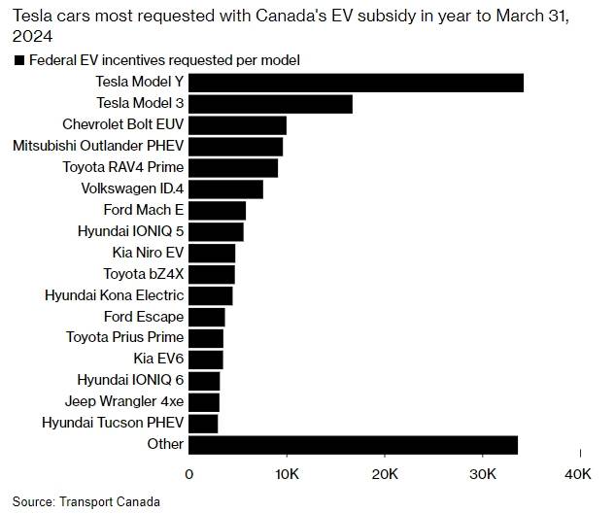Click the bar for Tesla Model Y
click(356, 83)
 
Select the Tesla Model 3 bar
click(270, 104)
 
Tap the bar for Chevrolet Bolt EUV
click(237, 125)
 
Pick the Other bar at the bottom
click(353, 445)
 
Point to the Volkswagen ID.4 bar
click(225, 188)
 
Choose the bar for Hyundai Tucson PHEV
click(203, 424)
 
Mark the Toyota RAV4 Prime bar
click(233, 168)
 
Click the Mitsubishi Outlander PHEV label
click(98, 146)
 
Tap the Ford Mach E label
click(144, 210)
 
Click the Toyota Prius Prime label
click(124, 337)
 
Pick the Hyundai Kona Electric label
click(115, 294)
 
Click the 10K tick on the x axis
click(287, 473)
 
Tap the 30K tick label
click(482, 473)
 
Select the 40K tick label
click(579, 473)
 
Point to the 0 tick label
click(189, 473)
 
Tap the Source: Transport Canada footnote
click(76, 502)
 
